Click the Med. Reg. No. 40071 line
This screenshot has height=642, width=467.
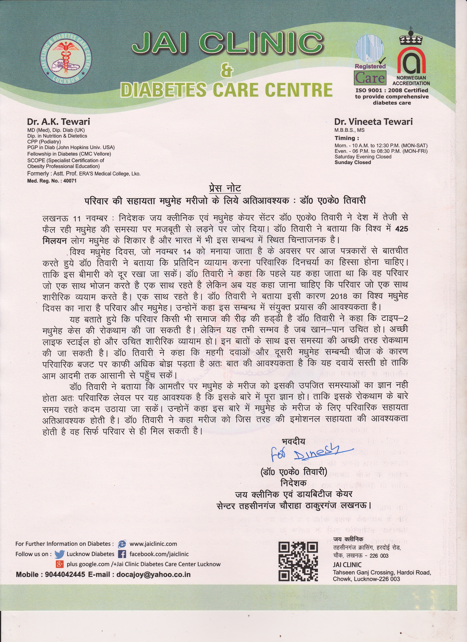(x=52, y=181)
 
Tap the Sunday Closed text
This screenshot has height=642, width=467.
(x=353, y=163)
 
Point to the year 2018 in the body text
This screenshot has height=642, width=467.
(x=339, y=296)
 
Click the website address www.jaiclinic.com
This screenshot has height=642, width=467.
(x=153, y=544)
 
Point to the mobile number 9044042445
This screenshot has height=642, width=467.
(x=65, y=575)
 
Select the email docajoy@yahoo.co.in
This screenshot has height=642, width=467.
(x=153, y=575)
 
